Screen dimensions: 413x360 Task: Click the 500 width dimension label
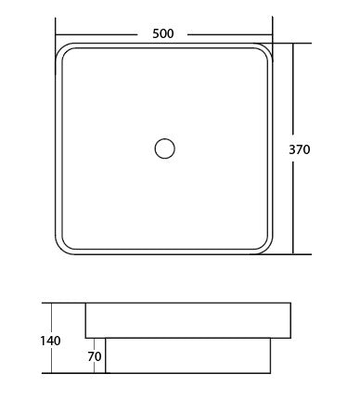[164, 34]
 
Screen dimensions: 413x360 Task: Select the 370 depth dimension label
[326, 148]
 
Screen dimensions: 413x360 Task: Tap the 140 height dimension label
[51, 341]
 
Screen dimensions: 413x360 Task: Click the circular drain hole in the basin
[164, 148]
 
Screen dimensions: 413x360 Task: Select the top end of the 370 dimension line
[294, 43]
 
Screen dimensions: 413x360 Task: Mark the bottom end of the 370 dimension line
[294, 254]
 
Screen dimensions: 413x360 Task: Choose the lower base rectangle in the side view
[187, 355]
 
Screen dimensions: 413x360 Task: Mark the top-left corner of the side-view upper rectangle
[85, 303]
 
